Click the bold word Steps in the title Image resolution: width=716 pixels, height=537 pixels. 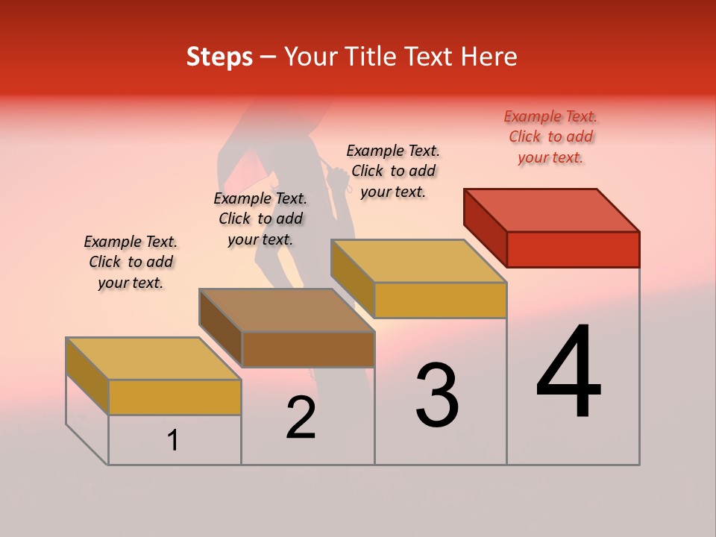click(x=219, y=57)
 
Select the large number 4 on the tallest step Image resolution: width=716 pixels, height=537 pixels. click(x=569, y=373)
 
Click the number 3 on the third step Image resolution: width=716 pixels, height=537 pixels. click(x=437, y=395)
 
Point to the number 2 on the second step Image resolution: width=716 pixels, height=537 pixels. click(x=301, y=418)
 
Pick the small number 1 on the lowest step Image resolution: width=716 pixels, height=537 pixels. click(x=173, y=441)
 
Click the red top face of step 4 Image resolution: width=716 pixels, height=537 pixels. click(x=552, y=210)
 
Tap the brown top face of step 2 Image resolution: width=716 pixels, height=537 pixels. click(x=287, y=310)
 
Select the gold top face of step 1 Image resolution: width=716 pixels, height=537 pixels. click(x=153, y=358)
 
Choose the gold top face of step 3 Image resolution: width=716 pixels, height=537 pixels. click(x=419, y=260)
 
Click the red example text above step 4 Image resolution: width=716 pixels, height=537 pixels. click(x=551, y=136)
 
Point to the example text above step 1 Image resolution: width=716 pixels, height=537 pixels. click(x=131, y=262)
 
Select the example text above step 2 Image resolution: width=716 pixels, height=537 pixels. click(x=260, y=219)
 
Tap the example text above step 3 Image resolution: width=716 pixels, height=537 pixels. click(x=393, y=171)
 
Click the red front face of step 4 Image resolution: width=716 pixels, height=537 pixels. click(x=573, y=249)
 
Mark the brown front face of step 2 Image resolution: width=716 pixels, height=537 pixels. click(x=308, y=349)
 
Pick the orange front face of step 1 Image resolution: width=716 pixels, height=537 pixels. click(x=175, y=397)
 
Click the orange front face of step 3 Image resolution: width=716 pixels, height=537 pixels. click(x=440, y=300)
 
